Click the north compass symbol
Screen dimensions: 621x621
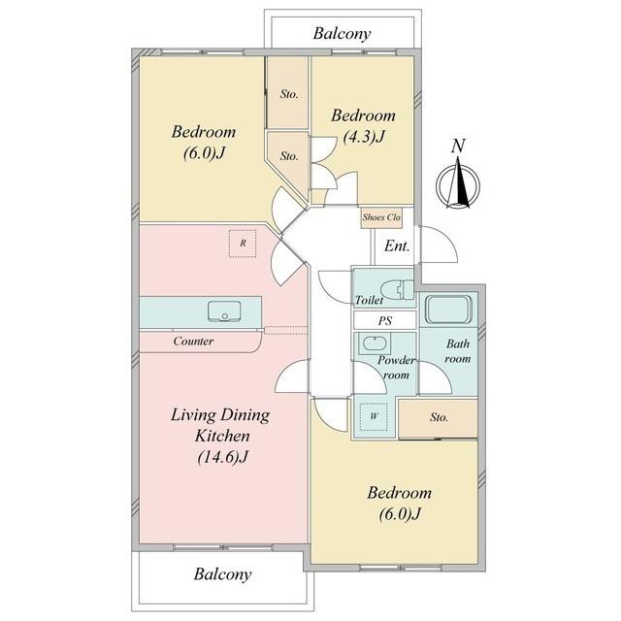pyautogui.click(x=458, y=183)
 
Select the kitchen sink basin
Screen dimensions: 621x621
pyautogui.click(x=224, y=310)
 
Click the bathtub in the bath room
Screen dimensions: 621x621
pyautogui.click(x=448, y=309)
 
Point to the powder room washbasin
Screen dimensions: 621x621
pyautogui.click(x=375, y=343)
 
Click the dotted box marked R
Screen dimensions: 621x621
pyautogui.click(x=243, y=244)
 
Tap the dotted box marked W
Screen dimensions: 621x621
pyautogui.click(x=374, y=416)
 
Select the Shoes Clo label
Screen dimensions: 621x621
pyautogui.click(x=381, y=217)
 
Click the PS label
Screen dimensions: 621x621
pyautogui.click(x=384, y=320)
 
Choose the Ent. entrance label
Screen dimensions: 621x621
pyautogui.click(x=397, y=245)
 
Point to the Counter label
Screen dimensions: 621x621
pyautogui.click(x=193, y=341)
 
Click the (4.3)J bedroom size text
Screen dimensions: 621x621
pyautogui.click(x=364, y=137)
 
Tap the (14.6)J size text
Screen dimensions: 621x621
pyautogui.click(x=222, y=457)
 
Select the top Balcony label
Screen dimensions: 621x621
pyautogui.click(x=342, y=34)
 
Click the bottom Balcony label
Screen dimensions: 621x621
pyautogui.click(x=222, y=574)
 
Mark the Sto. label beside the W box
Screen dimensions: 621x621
pyautogui.click(x=439, y=417)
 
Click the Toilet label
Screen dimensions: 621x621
pyautogui.click(x=369, y=300)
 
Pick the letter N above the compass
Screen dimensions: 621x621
pyautogui.click(x=458, y=146)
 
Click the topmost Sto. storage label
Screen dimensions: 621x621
pyautogui.click(x=289, y=94)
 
